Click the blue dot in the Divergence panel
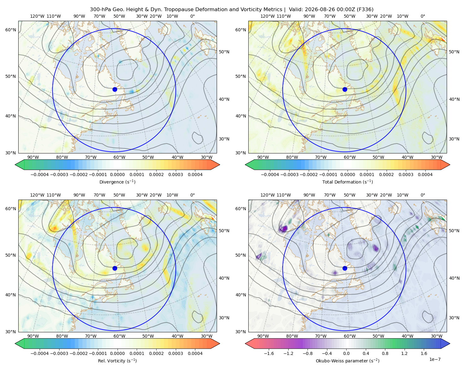coord(115,89)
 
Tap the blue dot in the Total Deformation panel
coord(345,89)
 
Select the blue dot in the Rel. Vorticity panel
coord(115,268)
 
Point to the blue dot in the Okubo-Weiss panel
coord(345,268)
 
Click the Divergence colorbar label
coord(117,182)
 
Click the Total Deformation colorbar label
coord(348,182)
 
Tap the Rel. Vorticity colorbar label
coord(117,361)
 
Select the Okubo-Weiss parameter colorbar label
coord(348,361)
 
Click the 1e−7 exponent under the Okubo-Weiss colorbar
coord(435,359)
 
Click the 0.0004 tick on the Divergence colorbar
coord(195,175)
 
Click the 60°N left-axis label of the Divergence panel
coord(11,30)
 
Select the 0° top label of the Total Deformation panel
coord(423,16)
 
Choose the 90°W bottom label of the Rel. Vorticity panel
coord(33,336)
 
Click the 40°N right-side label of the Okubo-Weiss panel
coord(454,278)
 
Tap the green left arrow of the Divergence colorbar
coord(20,165)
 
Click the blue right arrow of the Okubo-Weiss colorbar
coord(445,343)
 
